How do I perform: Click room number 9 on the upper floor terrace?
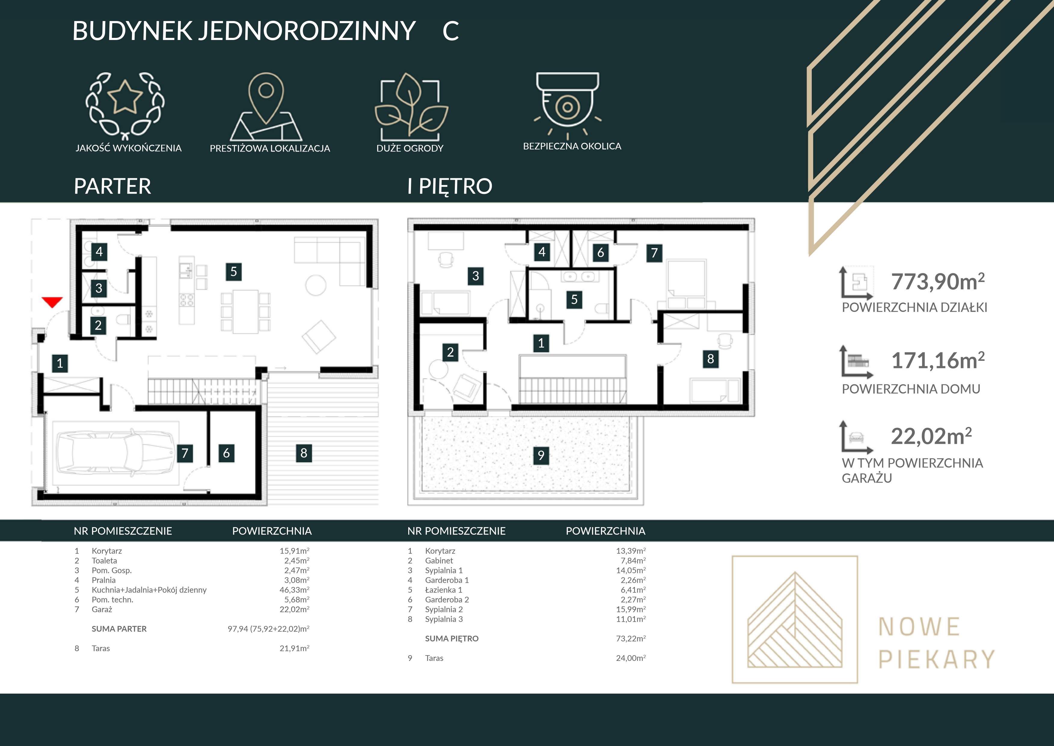541,455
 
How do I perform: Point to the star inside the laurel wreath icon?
125,97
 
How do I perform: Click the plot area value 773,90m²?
938,281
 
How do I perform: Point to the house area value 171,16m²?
938,361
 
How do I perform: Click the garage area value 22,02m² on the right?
931,436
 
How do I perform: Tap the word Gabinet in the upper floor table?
439,560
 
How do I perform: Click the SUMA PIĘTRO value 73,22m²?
631,639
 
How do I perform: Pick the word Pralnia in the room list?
104,580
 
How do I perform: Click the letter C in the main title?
451,31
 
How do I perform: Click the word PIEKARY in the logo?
936,659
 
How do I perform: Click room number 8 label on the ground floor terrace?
304,453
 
